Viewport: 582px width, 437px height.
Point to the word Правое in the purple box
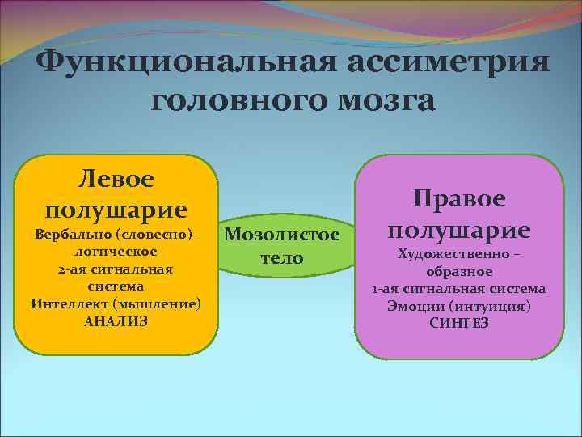(458, 197)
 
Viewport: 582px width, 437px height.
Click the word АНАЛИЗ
(116, 321)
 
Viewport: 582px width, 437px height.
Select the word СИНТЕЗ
(459, 323)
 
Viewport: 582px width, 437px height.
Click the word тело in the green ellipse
(282, 258)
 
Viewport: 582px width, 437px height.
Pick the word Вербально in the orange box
(69, 235)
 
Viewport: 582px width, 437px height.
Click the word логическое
(116, 252)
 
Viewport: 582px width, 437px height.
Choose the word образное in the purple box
(459, 272)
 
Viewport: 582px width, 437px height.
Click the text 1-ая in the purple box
(386, 289)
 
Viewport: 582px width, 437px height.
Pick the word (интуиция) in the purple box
(494, 306)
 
